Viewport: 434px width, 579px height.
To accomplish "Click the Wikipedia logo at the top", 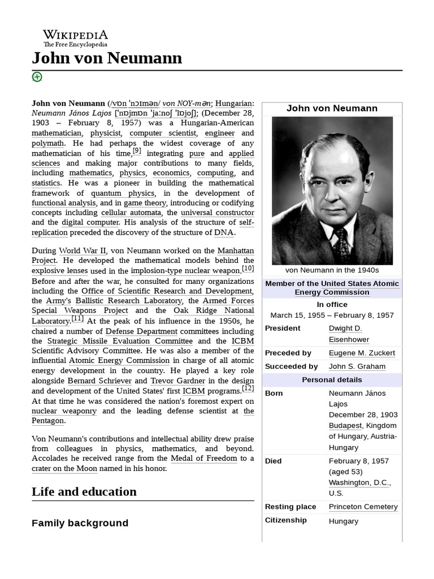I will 75,38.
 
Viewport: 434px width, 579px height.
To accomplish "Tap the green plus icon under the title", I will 37,77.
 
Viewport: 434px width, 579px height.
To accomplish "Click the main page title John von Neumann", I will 107,58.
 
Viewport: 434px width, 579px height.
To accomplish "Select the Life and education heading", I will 84,491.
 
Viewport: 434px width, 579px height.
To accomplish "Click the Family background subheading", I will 80,523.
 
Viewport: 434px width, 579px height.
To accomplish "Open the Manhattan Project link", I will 228,250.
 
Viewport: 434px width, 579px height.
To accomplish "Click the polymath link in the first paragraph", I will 47,143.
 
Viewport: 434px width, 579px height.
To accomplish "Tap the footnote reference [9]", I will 137,151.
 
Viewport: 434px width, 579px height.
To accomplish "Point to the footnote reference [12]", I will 248,388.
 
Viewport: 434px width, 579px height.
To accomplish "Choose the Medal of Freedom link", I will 204,458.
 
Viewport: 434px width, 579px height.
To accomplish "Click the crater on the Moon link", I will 64,468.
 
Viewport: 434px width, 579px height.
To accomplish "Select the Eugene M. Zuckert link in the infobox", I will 362,353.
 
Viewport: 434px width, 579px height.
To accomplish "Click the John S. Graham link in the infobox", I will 357,366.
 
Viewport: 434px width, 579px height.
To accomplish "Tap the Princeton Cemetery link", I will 363,507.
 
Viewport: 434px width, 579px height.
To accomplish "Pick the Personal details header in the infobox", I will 332,379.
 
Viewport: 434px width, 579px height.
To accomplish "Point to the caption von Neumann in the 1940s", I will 332,270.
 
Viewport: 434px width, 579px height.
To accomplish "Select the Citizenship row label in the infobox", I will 285,520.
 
